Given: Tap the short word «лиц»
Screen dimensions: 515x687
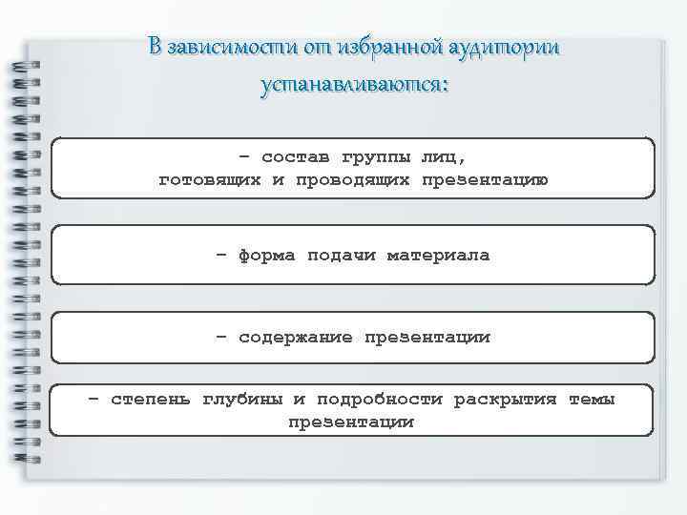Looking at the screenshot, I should coord(445,156).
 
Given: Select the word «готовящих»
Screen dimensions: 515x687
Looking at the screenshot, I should coord(209,179).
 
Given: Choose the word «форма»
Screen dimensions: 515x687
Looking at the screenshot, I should coord(267,256).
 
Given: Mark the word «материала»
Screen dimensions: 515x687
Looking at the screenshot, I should coord(439,256).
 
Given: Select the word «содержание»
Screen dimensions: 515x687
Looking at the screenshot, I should coord(296,338).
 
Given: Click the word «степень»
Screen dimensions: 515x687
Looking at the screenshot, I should coord(151,399).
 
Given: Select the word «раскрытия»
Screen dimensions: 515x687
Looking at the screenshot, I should coord(505,399).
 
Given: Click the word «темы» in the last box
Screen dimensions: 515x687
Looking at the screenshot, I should coord(592,399).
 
